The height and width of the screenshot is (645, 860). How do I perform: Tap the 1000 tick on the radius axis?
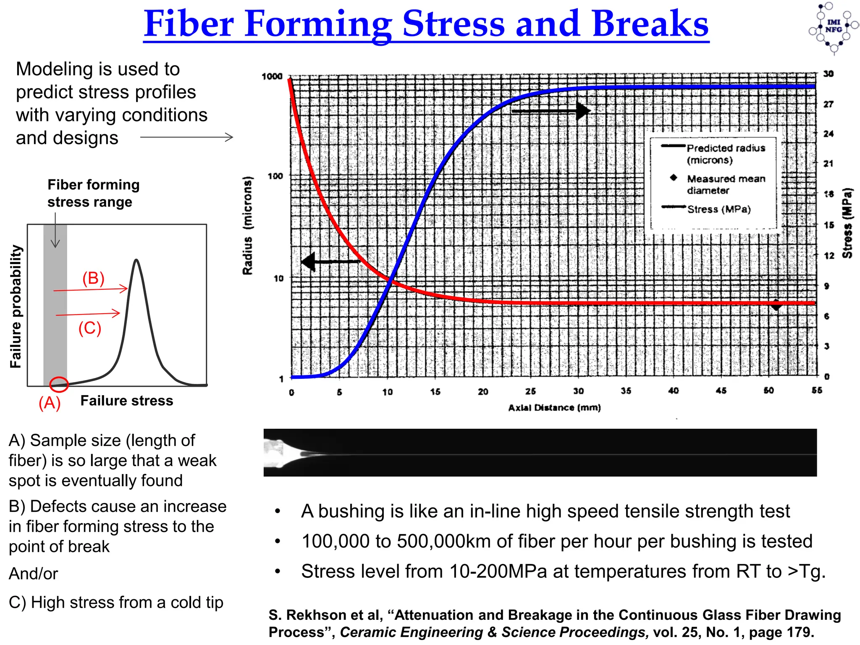(272, 76)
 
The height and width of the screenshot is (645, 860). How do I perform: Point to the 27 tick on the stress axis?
(828, 104)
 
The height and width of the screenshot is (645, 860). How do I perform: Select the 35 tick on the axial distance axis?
(626, 391)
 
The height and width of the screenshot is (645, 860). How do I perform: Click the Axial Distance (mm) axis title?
(554, 408)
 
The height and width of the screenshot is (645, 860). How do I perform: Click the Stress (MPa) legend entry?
(718, 209)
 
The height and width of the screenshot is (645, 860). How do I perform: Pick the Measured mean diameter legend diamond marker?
(674, 178)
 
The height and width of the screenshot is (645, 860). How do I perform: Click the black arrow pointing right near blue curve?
(550, 111)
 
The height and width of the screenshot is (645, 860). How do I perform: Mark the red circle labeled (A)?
(59, 384)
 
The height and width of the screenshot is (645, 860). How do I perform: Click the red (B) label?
(93, 278)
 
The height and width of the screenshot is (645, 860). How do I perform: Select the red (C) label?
(90, 328)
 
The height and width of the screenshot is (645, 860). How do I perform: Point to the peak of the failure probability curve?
(136, 260)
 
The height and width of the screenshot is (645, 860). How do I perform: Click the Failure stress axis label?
(126, 401)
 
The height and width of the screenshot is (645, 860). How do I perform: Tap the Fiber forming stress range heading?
(93, 193)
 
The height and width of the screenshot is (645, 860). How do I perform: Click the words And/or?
(33, 574)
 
